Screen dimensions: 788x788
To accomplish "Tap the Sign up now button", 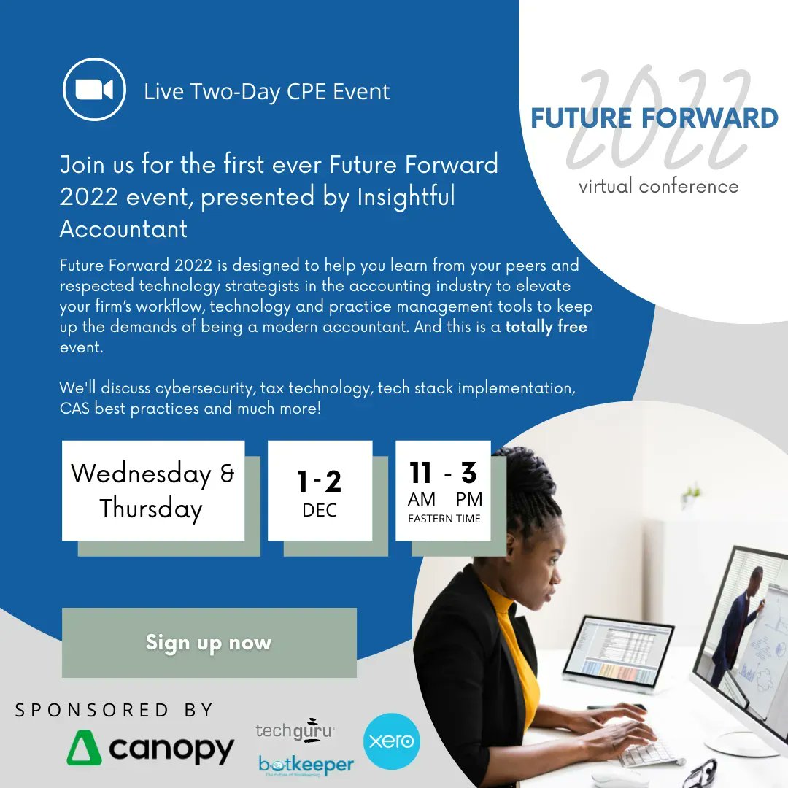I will click(x=209, y=643).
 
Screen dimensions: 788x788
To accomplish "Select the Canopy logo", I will click(x=150, y=749).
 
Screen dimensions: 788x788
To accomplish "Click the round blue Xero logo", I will click(x=392, y=741).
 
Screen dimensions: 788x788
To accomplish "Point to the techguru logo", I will click(x=295, y=730).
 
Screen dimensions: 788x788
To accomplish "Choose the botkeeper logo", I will click(x=306, y=765).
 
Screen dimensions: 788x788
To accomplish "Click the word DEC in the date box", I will click(x=320, y=511).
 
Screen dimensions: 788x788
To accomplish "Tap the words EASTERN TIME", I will click(x=444, y=519).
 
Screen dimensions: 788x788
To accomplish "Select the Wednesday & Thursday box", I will click(x=153, y=490).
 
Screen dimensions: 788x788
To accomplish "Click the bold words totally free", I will click(x=546, y=327).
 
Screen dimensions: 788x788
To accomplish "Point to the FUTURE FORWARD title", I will click(x=654, y=118).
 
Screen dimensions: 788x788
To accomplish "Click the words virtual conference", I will click(x=658, y=186).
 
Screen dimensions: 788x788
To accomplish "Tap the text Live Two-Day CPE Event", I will click(x=266, y=92).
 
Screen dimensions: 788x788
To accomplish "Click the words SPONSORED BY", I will click(x=115, y=710).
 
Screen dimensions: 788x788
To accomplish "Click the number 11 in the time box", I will click(x=421, y=473).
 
